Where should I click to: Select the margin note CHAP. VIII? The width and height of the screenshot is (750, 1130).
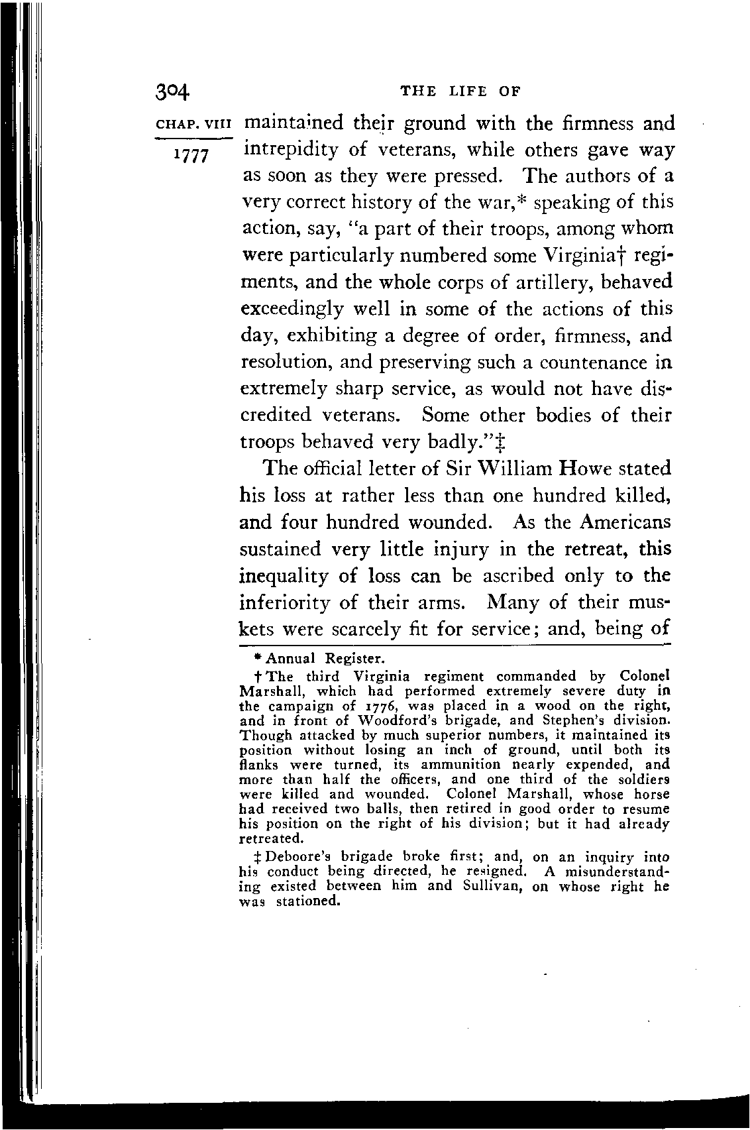tap(193, 125)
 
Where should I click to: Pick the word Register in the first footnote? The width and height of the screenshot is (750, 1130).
tap(354, 659)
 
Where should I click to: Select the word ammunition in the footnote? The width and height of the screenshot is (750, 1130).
tap(461, 764)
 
